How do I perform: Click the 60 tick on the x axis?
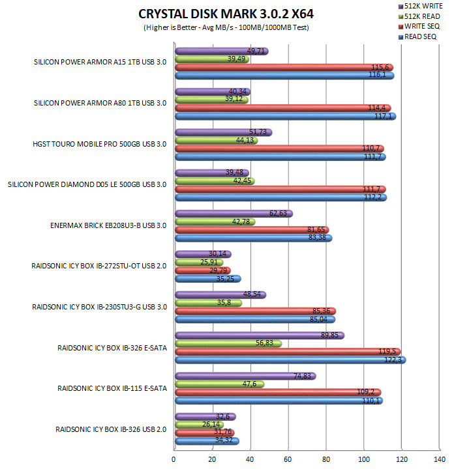tap(288, 459)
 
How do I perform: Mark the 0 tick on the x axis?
tap(174, 459)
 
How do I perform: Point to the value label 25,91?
tap(213, 263)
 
